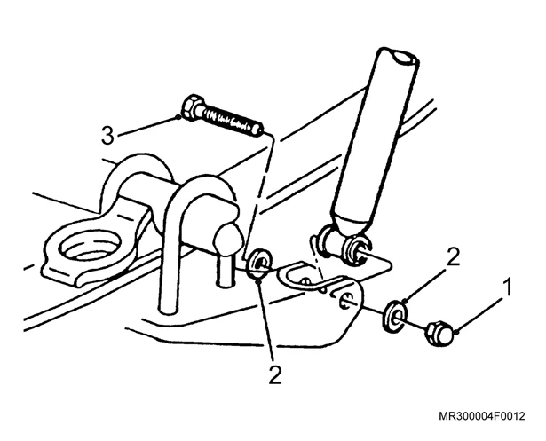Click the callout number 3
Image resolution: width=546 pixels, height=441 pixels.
pos(107,136)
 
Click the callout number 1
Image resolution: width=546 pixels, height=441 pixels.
pos(509,287)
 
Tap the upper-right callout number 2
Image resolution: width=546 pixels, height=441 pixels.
pos(453,256)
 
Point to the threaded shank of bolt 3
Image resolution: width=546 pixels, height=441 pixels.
pos(233,122)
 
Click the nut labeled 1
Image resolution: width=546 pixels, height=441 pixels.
pos(439,334)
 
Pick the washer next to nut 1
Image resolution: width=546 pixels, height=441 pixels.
pos(395,316)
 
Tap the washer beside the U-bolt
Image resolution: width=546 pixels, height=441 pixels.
pos(258,263)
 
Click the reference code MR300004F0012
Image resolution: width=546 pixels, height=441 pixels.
pos(481,416)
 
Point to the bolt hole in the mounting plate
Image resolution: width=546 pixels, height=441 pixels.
pos(345,300)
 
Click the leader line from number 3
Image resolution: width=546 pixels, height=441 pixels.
pos(148,125)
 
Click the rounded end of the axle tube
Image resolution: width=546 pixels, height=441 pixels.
pos(228,239)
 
